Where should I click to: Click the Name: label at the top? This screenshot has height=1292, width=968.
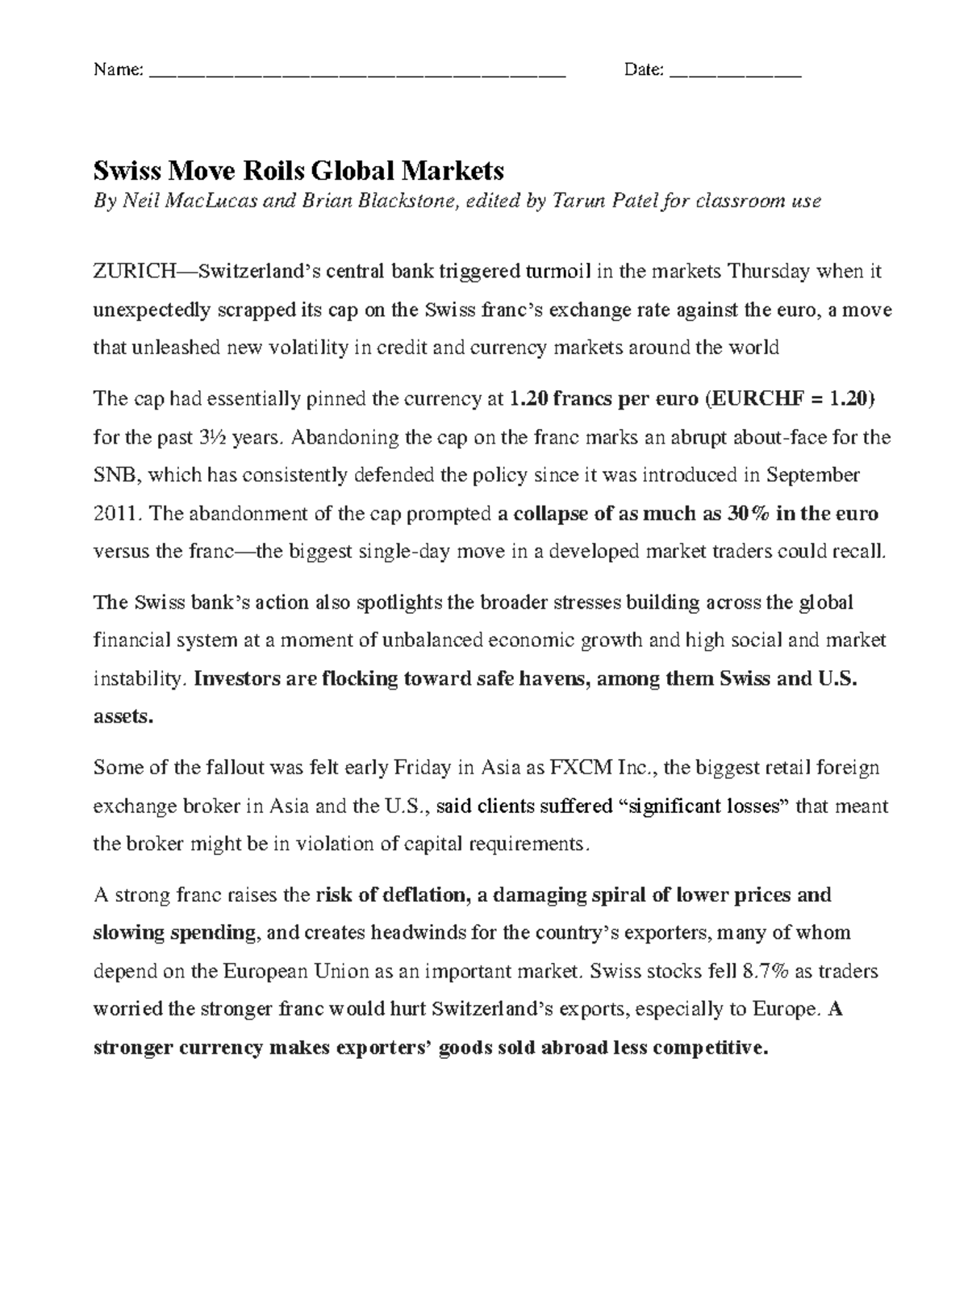(119, 70)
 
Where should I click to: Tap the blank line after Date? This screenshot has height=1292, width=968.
(735, 73)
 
